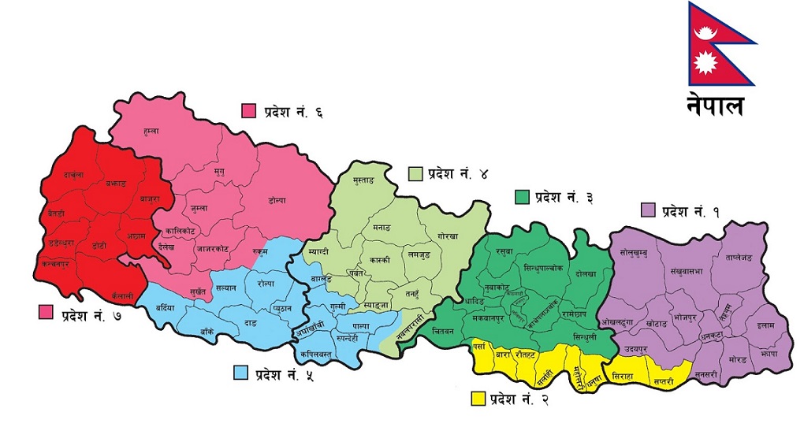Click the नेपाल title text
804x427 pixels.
pos(714,105)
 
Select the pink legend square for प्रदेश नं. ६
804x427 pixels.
pos(249,111)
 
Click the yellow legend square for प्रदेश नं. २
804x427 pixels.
pos(477,399)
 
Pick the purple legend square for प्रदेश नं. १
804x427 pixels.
pos(648,210)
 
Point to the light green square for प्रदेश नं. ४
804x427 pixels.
pos(415,173)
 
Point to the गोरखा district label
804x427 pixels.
pos(449,236)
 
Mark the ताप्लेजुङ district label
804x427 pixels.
pos(732,258)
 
